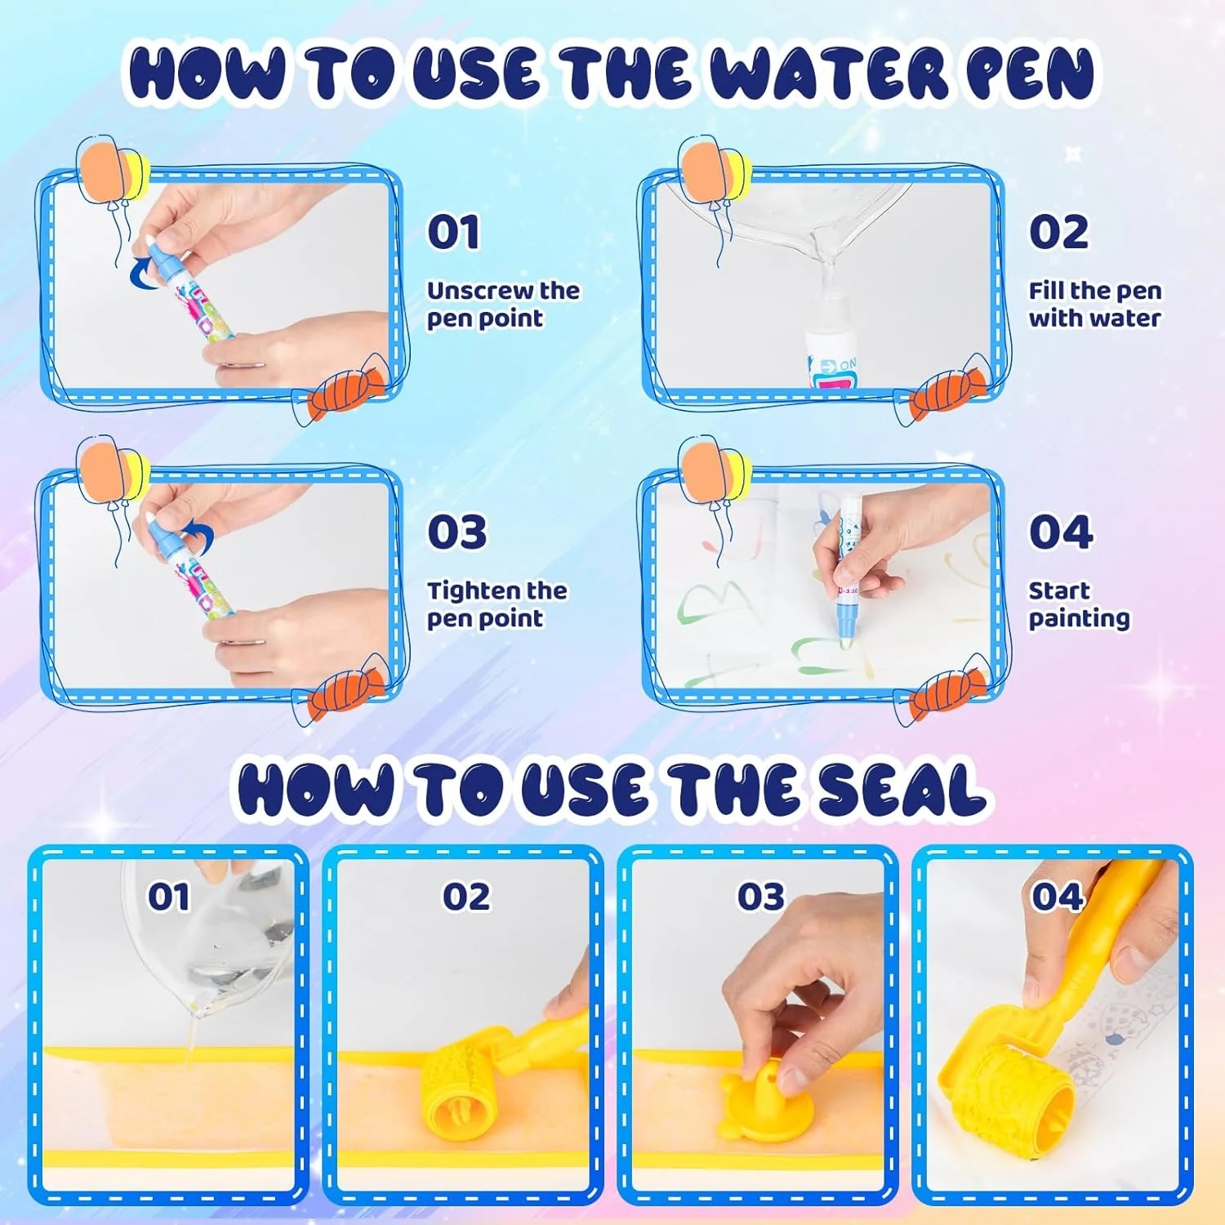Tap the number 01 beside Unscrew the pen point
click(x=453, y=232)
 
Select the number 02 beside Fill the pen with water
click(x=1058, y=232)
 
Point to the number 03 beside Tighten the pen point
click(x=457, y=532)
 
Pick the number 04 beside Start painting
click(x=1060, y=532)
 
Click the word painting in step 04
click(x=1079, y=619)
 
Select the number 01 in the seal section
click(x=169, y=897)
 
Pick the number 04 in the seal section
click(x=1057, y=897)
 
